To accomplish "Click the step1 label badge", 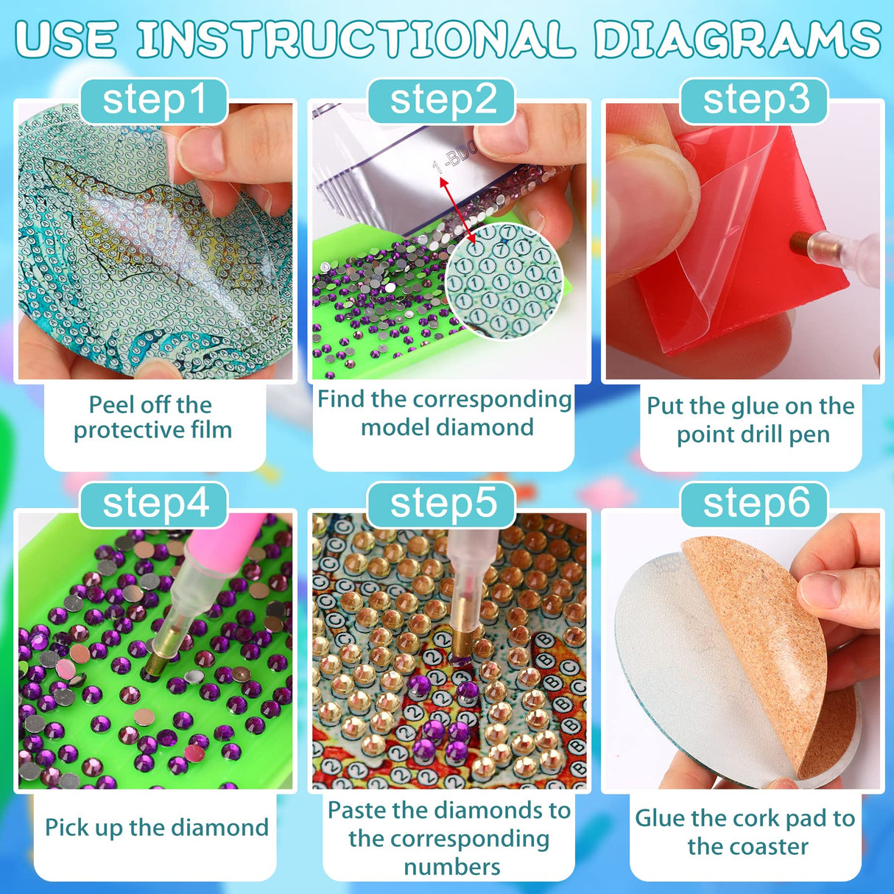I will (154, 101).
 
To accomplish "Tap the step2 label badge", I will (442, 101).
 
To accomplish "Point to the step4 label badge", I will (154, 504).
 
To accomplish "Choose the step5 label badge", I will (442, 504).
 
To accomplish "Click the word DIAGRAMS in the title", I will (737, 39).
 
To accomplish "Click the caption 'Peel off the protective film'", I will (152, 418).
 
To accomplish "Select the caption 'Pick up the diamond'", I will (157, 827).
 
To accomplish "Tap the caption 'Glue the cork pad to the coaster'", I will (745, 832).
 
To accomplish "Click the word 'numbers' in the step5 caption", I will (451, 867).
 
